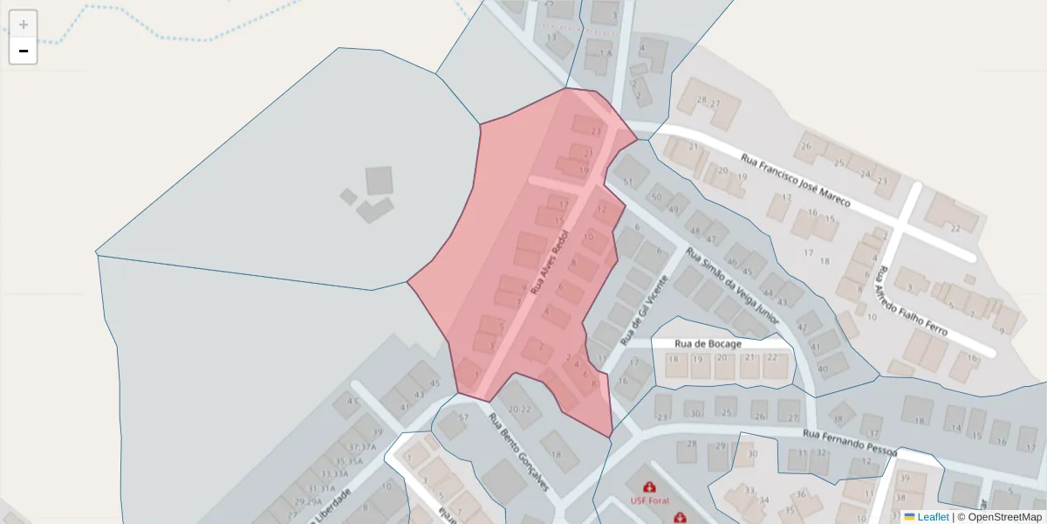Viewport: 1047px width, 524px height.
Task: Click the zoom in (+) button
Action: pos(24,24)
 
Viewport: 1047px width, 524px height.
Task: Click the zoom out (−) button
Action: pos(24,51)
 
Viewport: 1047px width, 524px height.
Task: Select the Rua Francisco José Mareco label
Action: pos(795,182)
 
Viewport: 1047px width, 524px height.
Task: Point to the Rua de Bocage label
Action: pos(708,344)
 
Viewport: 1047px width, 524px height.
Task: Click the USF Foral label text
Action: pos(649,501)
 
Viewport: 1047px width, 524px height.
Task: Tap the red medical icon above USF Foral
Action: pos(649,486)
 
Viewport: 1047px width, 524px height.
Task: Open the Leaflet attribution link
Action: pos(932,517)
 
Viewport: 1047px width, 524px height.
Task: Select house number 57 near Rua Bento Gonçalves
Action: pos(463,417)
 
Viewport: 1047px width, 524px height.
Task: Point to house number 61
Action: pos(627,182)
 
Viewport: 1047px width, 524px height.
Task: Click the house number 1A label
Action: pos(606,53)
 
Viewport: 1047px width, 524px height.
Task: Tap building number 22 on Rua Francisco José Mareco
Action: pos(955,229)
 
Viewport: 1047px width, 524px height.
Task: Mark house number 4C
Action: pos(352,402)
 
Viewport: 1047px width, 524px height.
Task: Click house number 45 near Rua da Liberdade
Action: pos(435,383)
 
